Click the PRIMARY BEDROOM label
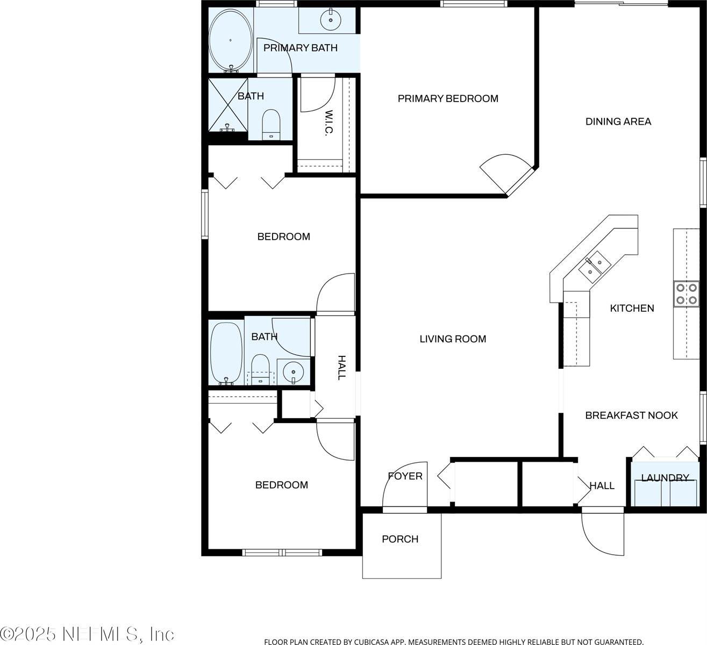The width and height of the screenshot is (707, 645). [x=448, y=98]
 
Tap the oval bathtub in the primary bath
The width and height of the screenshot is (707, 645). [x=231, y=40]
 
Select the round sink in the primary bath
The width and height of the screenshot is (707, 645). [x=331, y=20]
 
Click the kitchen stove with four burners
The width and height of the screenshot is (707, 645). [x=687, y=293]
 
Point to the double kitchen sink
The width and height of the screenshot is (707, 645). [x=595, y=267]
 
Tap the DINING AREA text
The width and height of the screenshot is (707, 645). [x=618, y=121]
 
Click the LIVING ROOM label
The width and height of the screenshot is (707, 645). [x=453, y=339]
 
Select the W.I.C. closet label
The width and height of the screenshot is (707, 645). [x=328, y=123]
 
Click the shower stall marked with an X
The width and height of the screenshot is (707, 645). [x=228, y=105]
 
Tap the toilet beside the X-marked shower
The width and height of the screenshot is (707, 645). [x=271, y=125]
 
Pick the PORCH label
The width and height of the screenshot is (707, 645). [x=400, y=539]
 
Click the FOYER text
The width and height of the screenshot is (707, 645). [x=405, y=476]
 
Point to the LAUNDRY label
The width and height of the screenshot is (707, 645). [x=665, y=478]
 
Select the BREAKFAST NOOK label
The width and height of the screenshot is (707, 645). [x=632, y=415]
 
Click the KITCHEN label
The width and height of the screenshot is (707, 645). [x=632, y=308]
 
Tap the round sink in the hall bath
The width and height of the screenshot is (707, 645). [x=293, y=372]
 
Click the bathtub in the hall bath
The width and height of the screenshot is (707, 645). [x=226, y=353]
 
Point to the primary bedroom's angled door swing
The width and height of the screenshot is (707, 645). [x=506, y=173]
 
